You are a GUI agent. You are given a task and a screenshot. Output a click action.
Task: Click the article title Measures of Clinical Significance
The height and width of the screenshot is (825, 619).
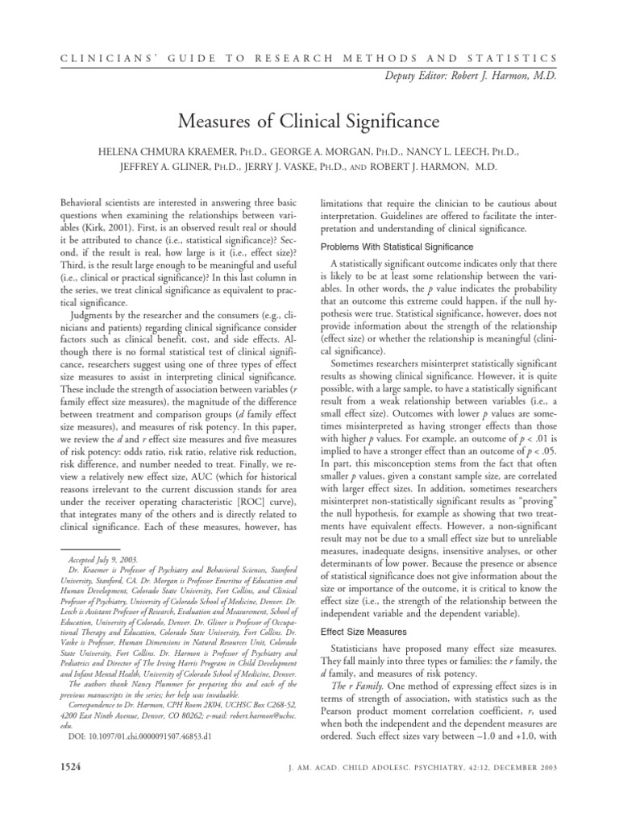pos(309,122)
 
